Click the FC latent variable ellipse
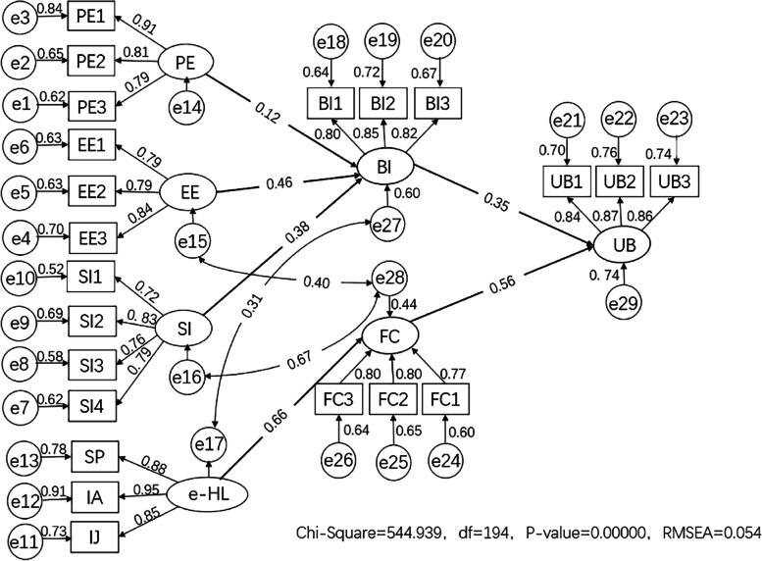coord(393,336)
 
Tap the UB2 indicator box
coord(619,181)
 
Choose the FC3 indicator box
coord(338,399)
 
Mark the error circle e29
coord(623,301)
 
